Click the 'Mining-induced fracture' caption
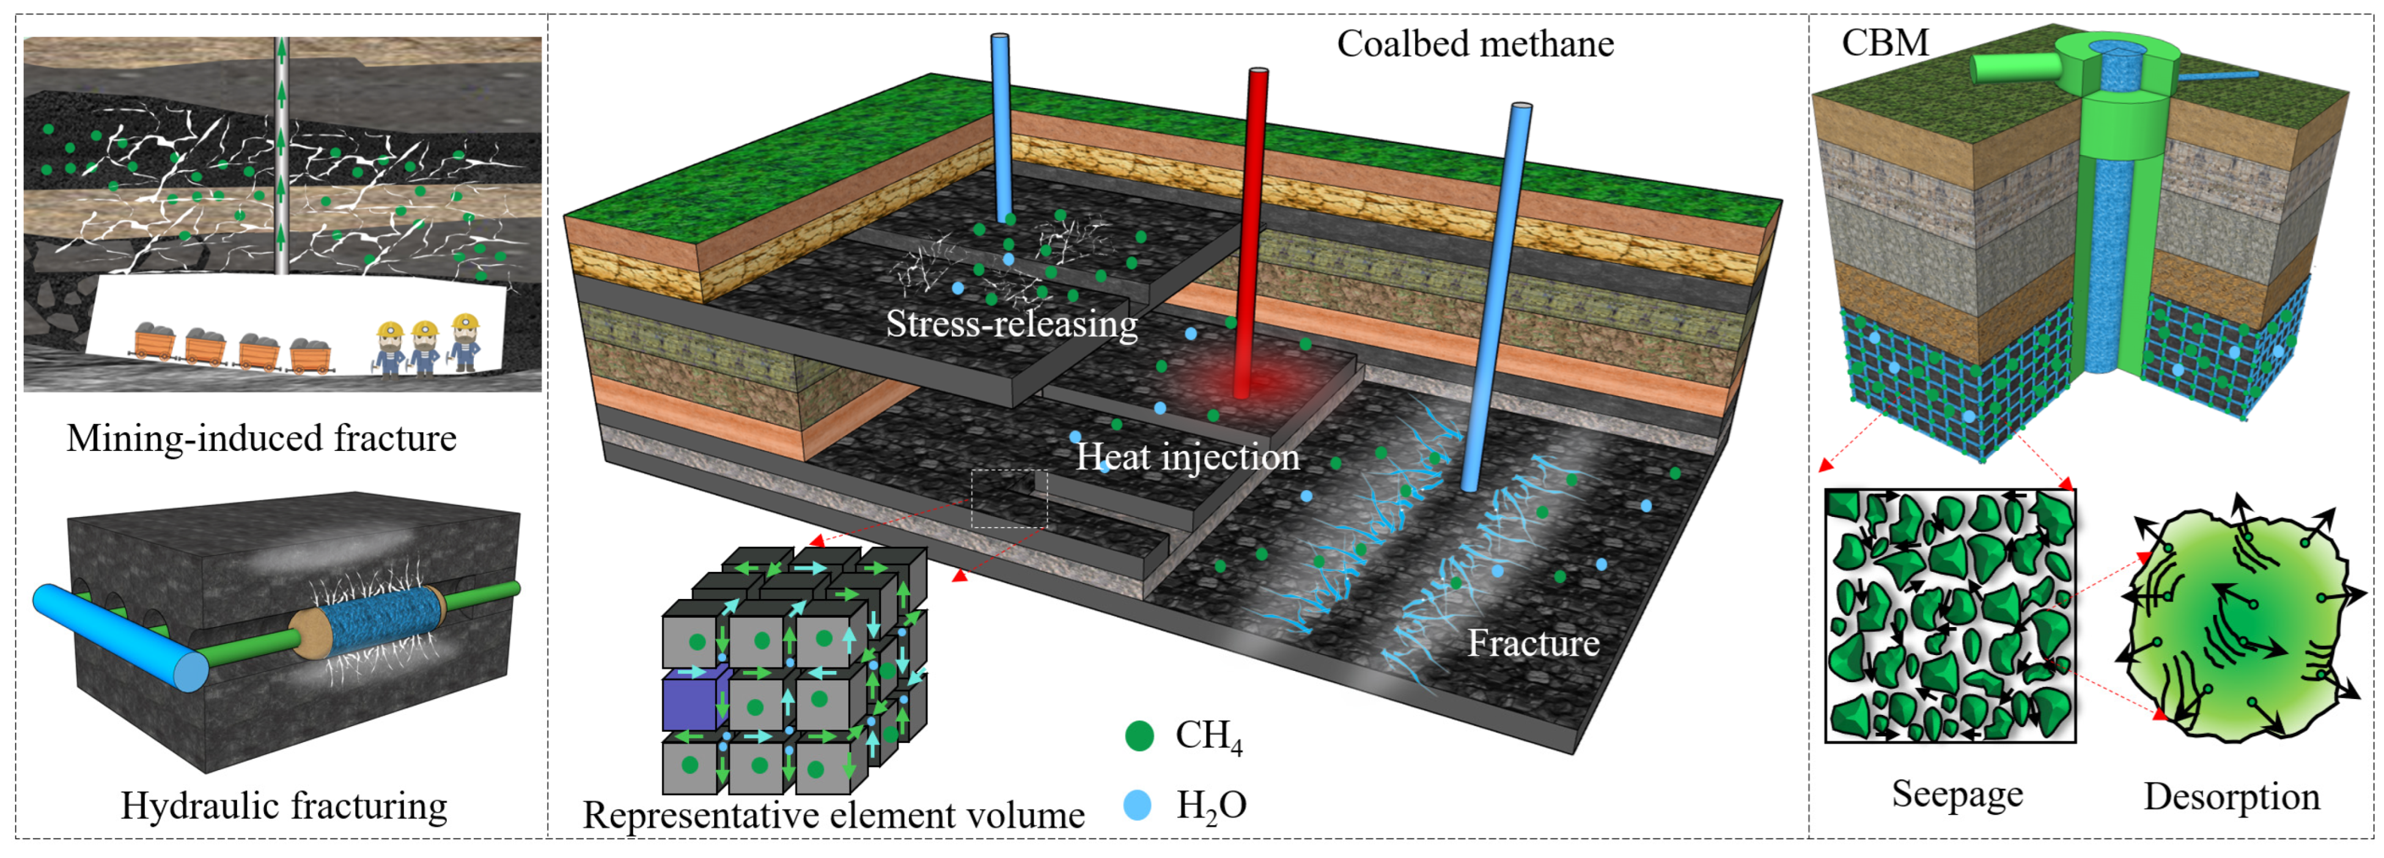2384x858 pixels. pyautogui.click(x=261, y=438)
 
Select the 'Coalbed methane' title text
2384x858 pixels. pyautogui.click(x=1474, y=43)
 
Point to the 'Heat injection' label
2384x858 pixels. pyautogui.click(x=1186, y=457)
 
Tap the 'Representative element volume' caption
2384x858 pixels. pyautogui.click(x=833, y=815)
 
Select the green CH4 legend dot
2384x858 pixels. pyautogui.click(x=1139, y=736)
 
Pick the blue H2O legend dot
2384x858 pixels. pyautogui.click(x=1138, y=804)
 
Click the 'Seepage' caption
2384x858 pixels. pyautogui.click(x=1957, y=794)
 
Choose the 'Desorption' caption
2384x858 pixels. pyautogui.click(x=2231, y=796)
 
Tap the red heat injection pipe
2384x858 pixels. pyautogui.click(x=1252, y=232)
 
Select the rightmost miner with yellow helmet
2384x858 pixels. pyautogui.click(x=465, y=342)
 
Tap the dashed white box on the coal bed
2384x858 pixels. pyautogui.click(x=1009, y=498)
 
